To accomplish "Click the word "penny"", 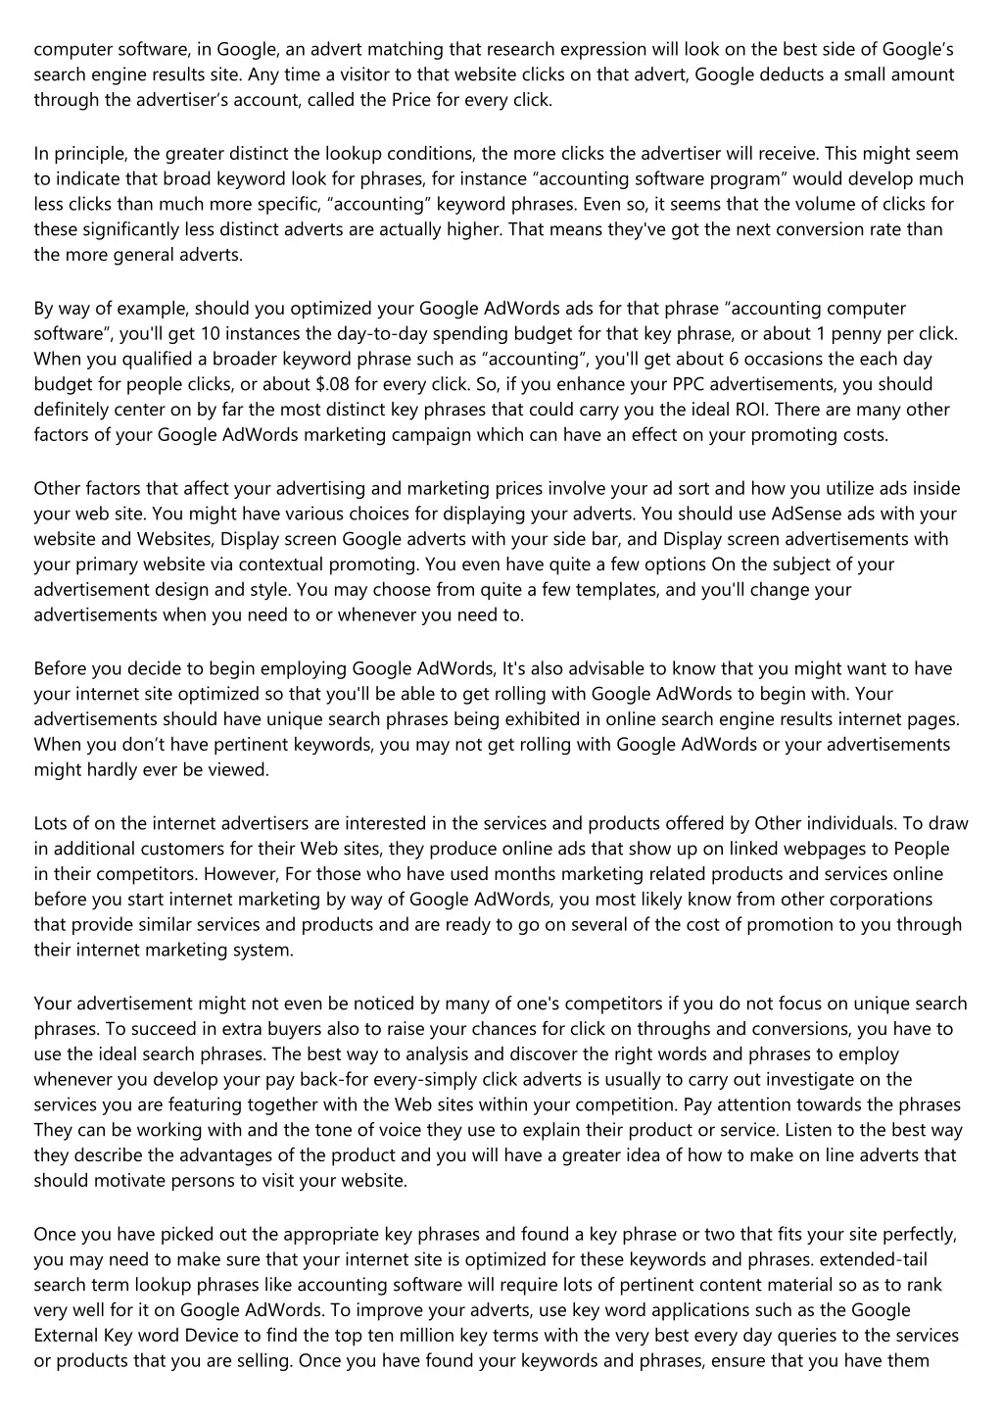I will (849, 334).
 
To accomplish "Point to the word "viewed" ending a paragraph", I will (243, 770).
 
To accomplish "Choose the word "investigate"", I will (768, 1080).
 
